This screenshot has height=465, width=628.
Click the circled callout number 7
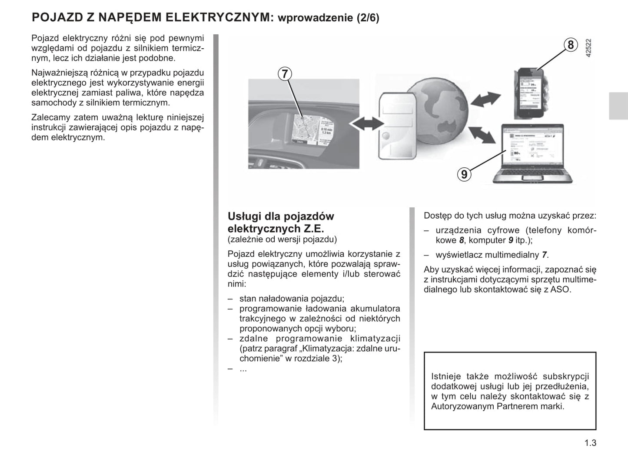pyautogui.click(x=285, y=74)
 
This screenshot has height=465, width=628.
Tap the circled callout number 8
pyautogui.click(x=570, y=45)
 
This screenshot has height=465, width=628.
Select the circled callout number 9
pyautogui.click(x=464, y=174)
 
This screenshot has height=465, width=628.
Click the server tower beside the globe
pyautogui.click(x=396, y=126)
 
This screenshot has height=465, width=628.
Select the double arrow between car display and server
pyautogui.click(x=364, y=125)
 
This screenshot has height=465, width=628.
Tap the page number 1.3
pyautogui.click(x=590, y=443)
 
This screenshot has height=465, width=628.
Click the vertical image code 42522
pyautogui.click(x=588, y=48)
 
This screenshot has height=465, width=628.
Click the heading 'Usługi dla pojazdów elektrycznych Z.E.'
pyautogui.click(x=281, y=222)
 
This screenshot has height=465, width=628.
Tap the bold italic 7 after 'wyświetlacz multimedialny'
pyautogui.click(x=544, y=255)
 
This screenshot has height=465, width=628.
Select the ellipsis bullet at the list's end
pyautogui.click(x=243, y=369)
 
